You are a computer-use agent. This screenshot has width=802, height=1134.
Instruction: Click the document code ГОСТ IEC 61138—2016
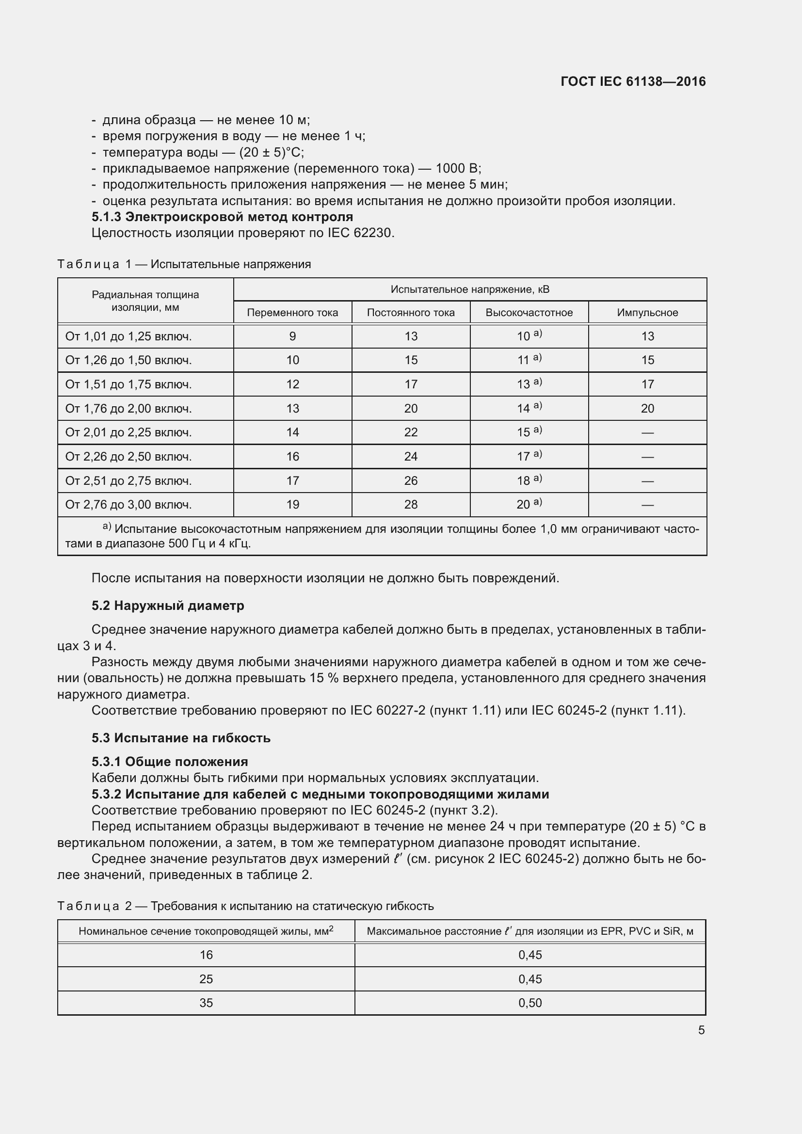[x=633, y=81]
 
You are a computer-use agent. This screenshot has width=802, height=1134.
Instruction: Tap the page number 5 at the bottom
[x=701, y=1030]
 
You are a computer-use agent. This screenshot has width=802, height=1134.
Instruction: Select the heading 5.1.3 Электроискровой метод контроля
[x=222, y=217]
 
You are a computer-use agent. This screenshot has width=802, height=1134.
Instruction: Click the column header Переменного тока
[x=292, y=313]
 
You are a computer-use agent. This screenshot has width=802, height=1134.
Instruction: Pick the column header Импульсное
[x=647, y=313]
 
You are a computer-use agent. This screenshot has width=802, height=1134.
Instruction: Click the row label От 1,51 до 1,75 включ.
[x=128, y=384]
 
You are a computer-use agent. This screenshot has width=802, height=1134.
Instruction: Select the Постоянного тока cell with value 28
[x=411, y=504]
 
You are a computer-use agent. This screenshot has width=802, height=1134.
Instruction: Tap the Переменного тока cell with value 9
[x=292, y=336]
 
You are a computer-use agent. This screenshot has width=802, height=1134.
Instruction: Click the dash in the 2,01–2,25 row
[x=647, y=432]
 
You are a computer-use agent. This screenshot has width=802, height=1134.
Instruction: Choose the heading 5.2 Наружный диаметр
[x=168, y=606]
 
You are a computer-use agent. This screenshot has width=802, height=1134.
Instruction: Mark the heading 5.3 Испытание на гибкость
[x=181, y=738]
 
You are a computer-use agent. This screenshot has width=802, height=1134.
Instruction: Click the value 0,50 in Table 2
[x=530, y=1003]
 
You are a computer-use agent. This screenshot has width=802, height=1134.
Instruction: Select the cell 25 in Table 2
[x=206, y=979]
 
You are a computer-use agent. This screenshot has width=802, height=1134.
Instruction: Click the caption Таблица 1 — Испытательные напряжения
[x=184, y=264]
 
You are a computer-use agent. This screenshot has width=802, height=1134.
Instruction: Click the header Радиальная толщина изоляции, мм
[x=145, y=301]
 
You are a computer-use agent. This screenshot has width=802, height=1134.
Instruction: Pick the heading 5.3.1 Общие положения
[x=170, y=762]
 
